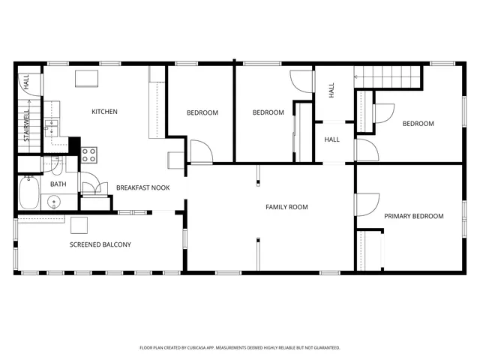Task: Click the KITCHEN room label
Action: [104, 112]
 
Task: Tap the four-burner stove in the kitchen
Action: [88, 155]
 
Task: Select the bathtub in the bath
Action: [28, 192]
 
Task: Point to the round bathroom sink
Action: [55, 202]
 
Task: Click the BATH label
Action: [58, 184]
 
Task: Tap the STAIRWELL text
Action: [26, 125]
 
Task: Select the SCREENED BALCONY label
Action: [100, 244]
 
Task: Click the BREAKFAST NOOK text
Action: [142, 187]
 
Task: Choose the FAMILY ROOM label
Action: [286, 207]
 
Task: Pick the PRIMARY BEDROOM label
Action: [413, 216]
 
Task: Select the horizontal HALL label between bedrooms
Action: [331, 139]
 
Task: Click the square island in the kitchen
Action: [85, 78]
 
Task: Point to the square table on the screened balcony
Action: [79, 225]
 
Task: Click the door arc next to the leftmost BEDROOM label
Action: [201, 152]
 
